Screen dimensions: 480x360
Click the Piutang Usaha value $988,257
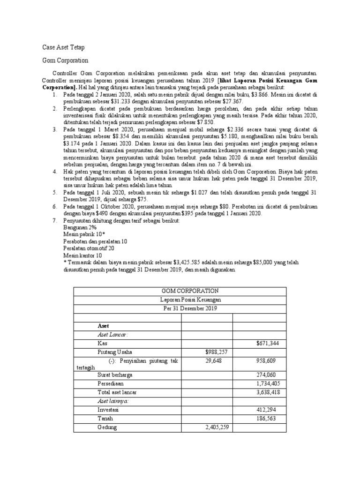coord(218,352)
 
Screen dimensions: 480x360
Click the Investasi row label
coord(108,410)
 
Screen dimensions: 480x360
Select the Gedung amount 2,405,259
coord(217,427)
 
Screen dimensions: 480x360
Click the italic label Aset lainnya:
coord(112,401)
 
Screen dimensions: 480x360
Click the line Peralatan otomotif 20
coord(89,248)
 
